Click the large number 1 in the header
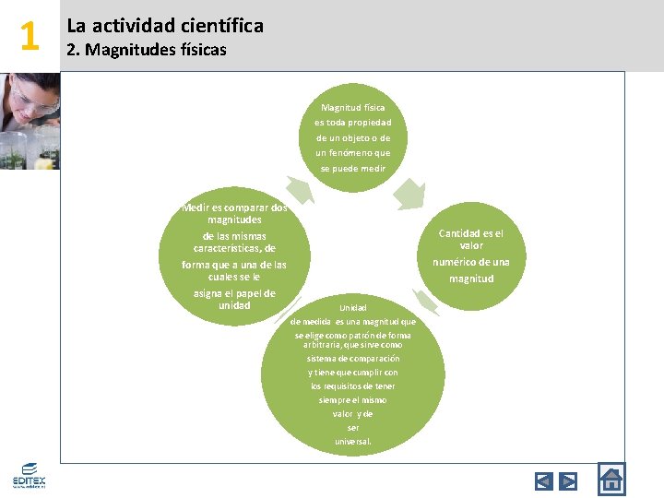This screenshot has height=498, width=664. click(x=30, y=36)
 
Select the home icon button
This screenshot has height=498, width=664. click(x=611, y=480)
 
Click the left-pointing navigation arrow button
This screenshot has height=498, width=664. click(x=544, y=480)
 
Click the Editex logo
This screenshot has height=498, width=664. click(x=29, y=476)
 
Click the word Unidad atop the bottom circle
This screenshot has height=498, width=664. click(x=352, y=307)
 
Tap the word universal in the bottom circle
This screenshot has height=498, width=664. click(x=352, y=442)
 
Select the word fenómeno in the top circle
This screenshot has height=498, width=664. click(x=360, y=153)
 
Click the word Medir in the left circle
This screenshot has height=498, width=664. click(x=196, y=207)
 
